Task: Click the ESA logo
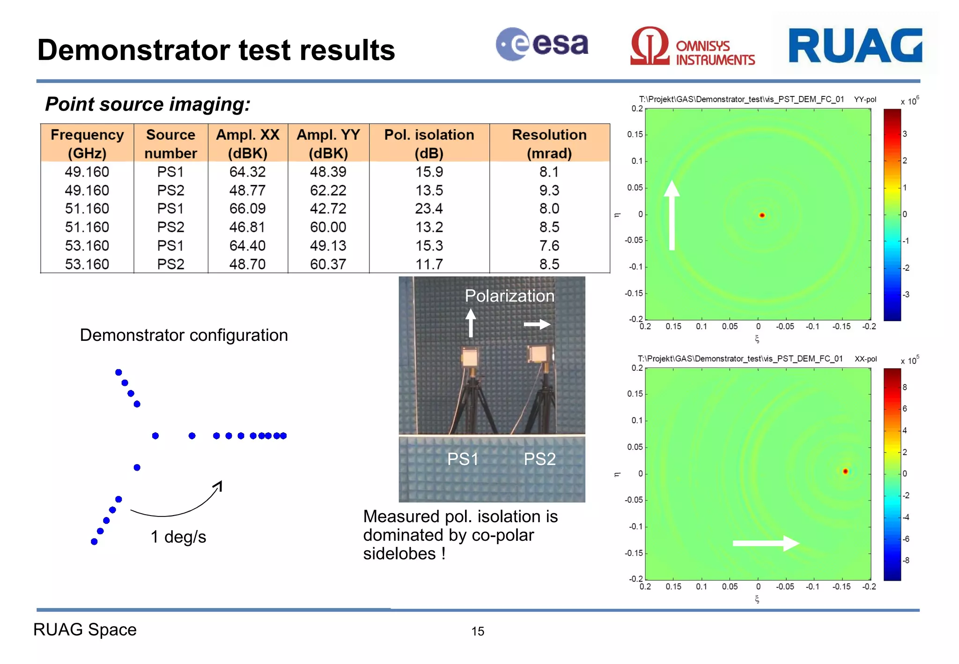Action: tap(542, 44)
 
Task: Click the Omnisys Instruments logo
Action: tap(692, 47)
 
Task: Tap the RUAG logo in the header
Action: tap(855, 45)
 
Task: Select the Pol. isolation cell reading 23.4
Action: tap(429, 208)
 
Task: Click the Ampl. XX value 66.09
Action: tap(247, 208)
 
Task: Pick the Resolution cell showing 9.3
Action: tap(549, 190)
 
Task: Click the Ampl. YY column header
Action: tap(328, 143)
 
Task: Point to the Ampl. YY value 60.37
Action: tap(328, 264)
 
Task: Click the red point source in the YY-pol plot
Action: tap(762, 215)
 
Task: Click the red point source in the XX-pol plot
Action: tap(845, 471)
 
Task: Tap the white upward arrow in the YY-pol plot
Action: tap(672, 215)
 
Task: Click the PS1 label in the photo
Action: tap(463, 459)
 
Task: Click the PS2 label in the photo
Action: tap(539, 459)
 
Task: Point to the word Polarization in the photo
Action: tap(509, 296)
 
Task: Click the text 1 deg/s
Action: tap(178, 537)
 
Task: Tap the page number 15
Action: tap(478, 631)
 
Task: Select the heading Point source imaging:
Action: tap(148, 104)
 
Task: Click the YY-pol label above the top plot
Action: tap(865, 99)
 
